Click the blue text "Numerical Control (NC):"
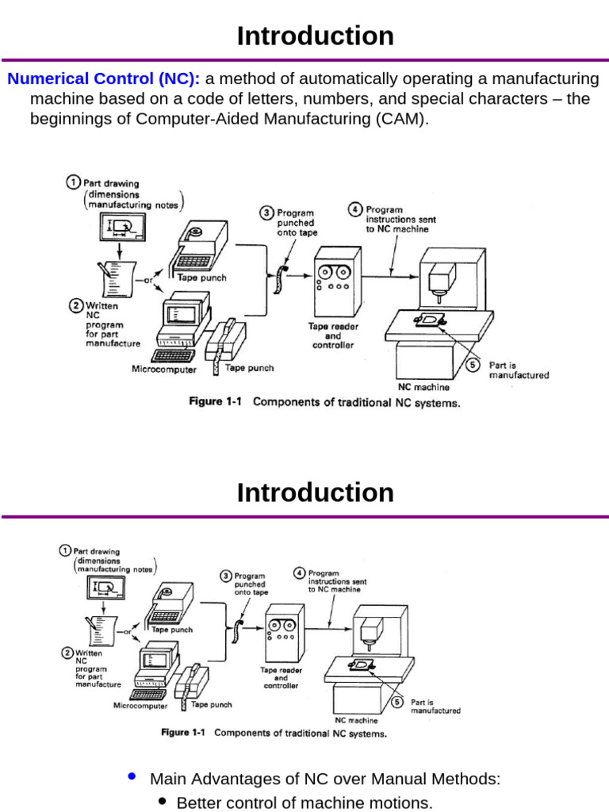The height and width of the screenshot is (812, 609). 104,79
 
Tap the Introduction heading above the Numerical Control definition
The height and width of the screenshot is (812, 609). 315,36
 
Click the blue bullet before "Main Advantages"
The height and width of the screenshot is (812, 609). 131,777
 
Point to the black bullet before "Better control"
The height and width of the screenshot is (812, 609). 162,802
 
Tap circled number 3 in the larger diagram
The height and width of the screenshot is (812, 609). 267,213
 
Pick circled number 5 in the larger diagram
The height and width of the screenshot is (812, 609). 473,365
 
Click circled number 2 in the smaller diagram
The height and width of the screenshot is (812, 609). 67,653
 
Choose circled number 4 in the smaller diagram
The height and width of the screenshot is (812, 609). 299,573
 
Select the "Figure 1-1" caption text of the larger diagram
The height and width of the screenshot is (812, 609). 214,402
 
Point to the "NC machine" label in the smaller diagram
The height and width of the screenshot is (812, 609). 356,721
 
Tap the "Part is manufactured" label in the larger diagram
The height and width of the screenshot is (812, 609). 518,370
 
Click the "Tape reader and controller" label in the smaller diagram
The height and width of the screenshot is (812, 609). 281,678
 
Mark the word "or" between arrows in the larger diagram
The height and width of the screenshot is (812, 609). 148,281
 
